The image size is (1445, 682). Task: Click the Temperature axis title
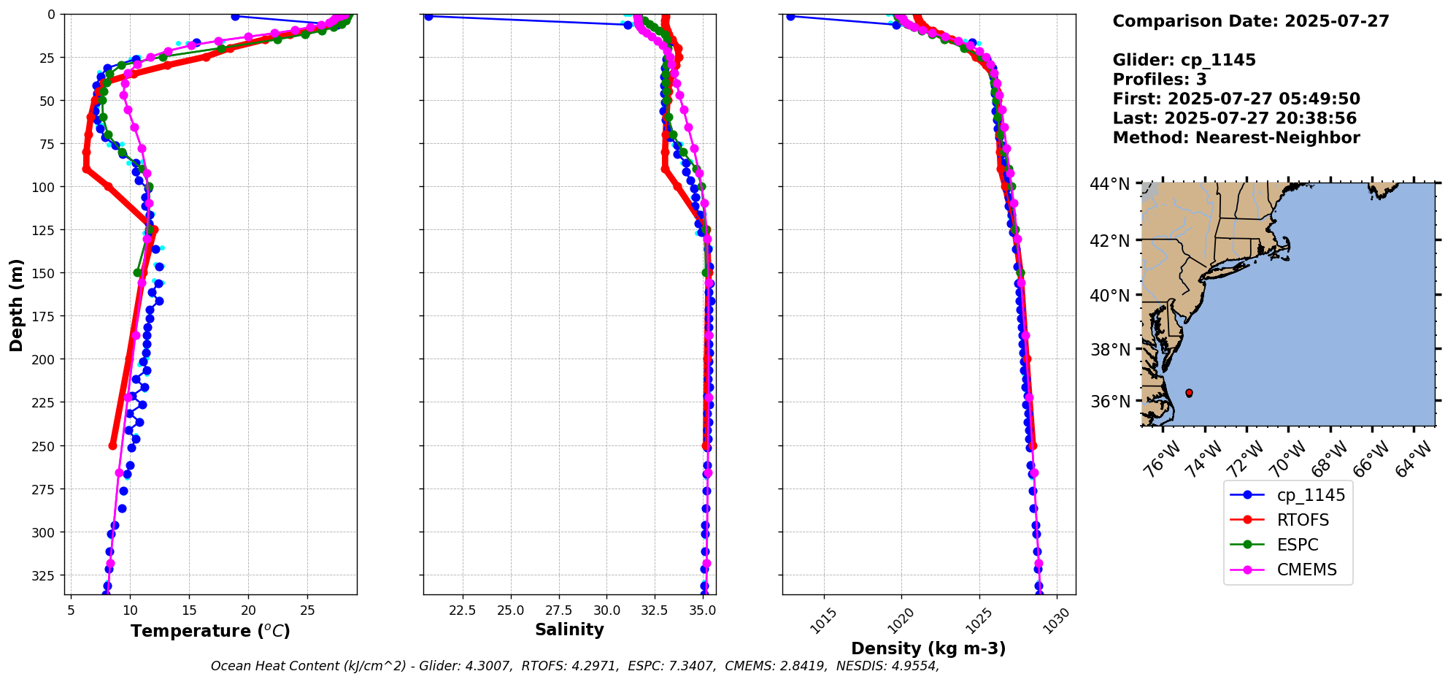210,631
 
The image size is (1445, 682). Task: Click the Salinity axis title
569,629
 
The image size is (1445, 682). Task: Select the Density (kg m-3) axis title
928,648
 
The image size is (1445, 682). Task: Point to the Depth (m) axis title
16,304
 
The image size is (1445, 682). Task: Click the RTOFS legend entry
1303,520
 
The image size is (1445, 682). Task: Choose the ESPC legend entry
1297,545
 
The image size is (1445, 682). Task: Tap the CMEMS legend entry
1306,570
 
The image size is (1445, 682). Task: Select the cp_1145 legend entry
1311,495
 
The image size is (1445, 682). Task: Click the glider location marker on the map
1189,393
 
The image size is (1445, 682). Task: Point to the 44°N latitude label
1109,184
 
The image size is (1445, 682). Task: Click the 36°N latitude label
1109,402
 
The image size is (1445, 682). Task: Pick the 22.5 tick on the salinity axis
462,610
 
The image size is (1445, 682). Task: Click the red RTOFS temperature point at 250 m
113,445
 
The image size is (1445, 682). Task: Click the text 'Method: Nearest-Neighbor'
1236,138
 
